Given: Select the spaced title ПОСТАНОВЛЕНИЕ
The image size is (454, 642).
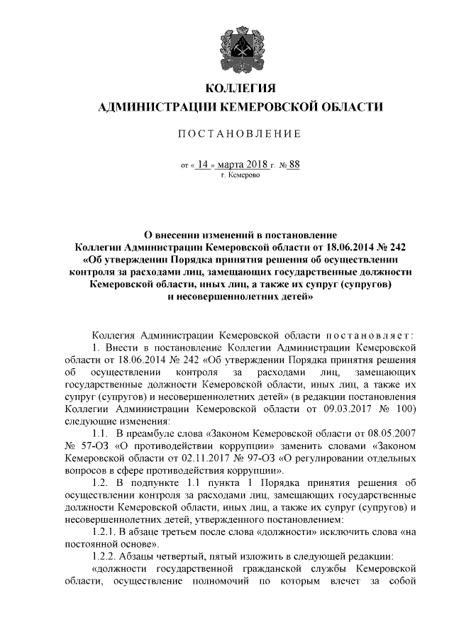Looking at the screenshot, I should [x=239, y=134].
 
